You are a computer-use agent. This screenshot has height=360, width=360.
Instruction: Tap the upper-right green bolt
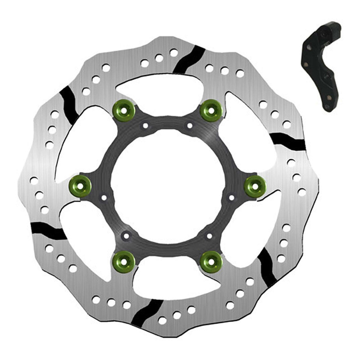(210, 108)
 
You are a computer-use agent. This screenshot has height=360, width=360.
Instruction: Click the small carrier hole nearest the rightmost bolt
(231, 198)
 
